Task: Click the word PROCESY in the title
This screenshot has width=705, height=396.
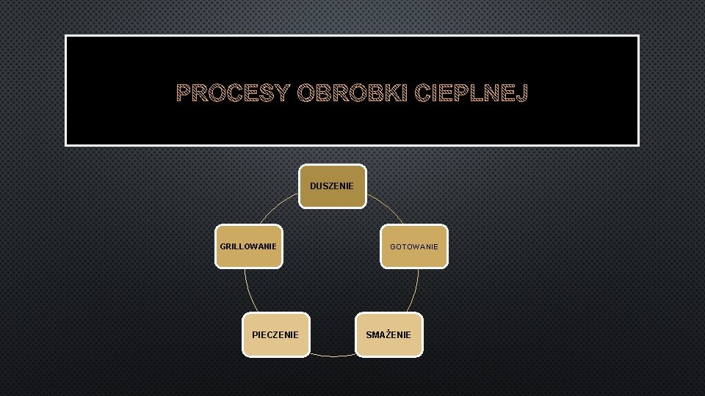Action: click(234, 93)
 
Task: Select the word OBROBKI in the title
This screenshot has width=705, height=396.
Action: click(352, 93)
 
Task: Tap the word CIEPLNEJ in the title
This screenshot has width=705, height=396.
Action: click(471, 93)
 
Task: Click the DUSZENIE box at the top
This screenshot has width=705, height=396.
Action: click(332, 186)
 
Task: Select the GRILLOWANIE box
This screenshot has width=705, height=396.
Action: click(248, 246)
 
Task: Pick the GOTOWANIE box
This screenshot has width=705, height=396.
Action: click(414, 246)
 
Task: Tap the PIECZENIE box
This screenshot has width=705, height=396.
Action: click(275, 335)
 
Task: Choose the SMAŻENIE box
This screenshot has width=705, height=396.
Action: click(388, 335)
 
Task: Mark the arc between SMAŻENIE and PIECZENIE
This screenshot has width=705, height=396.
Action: click(332, 356)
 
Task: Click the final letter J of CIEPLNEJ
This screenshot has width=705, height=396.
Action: click(521, 93)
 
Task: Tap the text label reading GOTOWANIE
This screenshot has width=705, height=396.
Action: click(414, 246)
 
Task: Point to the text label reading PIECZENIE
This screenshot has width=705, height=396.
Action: click(275, 335)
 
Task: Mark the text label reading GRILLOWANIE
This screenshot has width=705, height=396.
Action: click(248, 246)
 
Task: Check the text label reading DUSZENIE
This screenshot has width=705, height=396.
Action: click(332, 186)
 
